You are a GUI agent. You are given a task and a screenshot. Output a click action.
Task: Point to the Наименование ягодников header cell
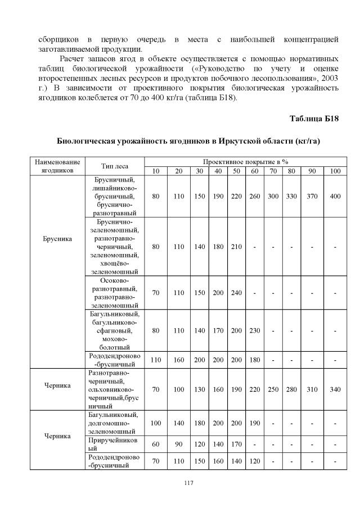click(x=57, y=166)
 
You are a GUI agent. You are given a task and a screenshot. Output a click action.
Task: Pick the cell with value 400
click(x=335, y=196)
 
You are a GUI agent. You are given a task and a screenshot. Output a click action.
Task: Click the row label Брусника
click(x=57, y=238)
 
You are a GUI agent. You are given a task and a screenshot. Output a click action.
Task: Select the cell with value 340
click(x=335, y=389)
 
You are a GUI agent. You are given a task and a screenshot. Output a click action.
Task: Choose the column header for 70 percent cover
click(x=273, y=171)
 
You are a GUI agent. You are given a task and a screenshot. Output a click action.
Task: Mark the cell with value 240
click(x=236, y=293)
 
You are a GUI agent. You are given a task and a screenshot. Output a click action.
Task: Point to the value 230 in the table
click(x=255, y=330)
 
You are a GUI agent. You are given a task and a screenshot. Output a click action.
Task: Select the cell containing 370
click(x=312, y=196)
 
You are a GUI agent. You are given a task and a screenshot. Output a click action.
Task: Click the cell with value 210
click(x=236, y=246)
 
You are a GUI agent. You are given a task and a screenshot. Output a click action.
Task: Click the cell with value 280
click(x=291, y=389)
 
